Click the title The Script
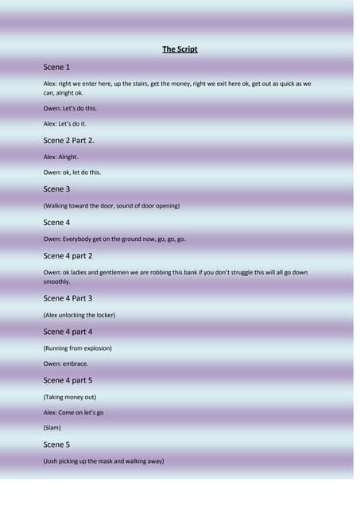(x=180, y=49)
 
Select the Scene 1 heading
(x=56, y=68)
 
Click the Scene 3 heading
(x=56, y=189)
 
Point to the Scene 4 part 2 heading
(x=68, y=256)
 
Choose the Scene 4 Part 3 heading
(x=68, y=298)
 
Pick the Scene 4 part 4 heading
(x=68, y=332)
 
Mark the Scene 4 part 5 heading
(x=68, y=380)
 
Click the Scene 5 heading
(x=56, y=445)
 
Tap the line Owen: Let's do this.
(x=70, y=108)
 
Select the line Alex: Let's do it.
(x=65, y=124)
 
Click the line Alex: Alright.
(x=60, y=157)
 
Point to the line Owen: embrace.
(x=65, y=363)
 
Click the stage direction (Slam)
(x=52, y=428)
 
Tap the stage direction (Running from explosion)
(x=77, y=348)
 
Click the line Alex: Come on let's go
(x=73, y=413)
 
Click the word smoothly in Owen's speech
(x=56, y=282)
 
